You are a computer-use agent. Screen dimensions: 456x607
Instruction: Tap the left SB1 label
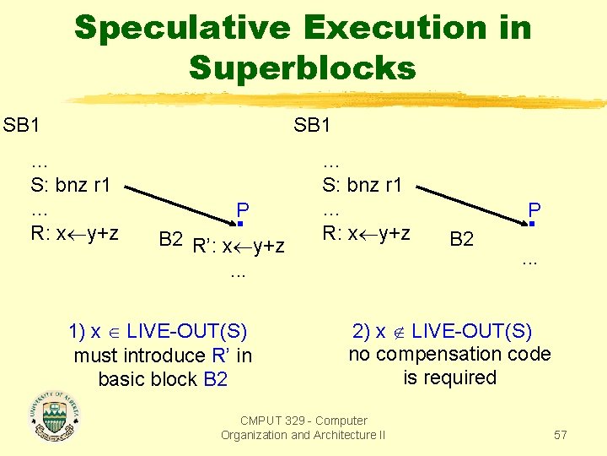22,126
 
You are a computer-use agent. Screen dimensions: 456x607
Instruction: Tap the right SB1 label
313,126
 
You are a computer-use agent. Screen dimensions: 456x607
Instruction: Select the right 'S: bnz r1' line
363,185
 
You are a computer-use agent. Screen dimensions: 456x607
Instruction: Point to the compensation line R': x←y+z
239,247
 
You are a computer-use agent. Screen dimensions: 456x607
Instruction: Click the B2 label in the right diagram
461,239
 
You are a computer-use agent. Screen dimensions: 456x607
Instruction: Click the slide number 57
561,435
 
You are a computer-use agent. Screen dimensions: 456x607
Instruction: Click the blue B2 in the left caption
216,379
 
